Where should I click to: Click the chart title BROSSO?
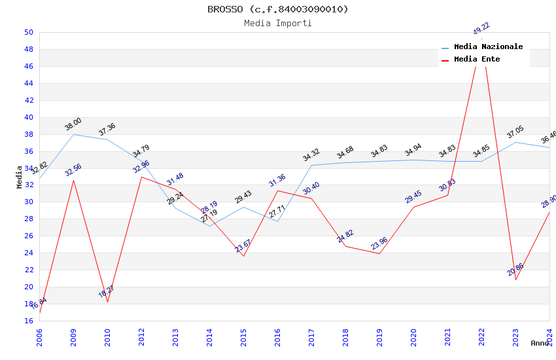tap(277, 9)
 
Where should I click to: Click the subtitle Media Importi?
tap(277, 23)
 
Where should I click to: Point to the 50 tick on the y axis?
tap(28, 32)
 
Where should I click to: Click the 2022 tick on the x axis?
tap(481, 333)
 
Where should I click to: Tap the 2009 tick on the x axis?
tap(73, 333)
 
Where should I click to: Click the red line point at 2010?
tap(107, 302)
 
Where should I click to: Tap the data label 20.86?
tap(515, 269)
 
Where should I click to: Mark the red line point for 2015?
tap(243, 256)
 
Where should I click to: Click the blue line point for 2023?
tap(515, 142)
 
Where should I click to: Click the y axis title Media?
tap(20, 177)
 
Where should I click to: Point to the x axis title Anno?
tap(540, 343)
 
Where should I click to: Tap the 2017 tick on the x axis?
tap(311, 333)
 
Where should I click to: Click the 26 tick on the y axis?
tap(28, 236)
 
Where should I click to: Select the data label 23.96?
tap(379, 243)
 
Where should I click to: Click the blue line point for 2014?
tap(209, 226)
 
